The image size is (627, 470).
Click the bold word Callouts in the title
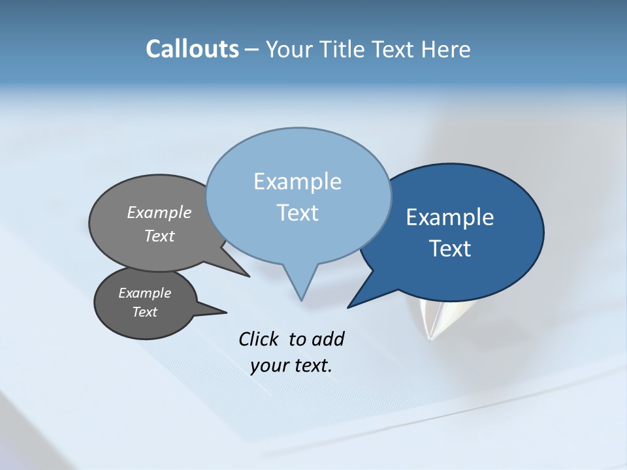(x=193, y=49)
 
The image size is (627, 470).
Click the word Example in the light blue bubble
(x=297, y=181)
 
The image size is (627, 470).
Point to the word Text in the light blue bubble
(x=297, y=213)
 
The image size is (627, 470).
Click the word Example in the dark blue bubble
(x=450, y=217)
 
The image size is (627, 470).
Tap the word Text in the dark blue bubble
(x=450, y=249)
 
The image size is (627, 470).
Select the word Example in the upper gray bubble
(x=159, y=212)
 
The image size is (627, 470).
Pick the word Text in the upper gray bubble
(x=159, y=236)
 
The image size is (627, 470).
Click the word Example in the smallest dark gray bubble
(x=144, y=293)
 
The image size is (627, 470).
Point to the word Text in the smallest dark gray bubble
(x=144, y=312)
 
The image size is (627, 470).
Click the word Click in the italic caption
(x=258, y=339)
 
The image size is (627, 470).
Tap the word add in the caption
(x=328, y=339)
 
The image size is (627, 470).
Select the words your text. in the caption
(x=291, y=366)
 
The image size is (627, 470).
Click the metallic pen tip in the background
(x=432, y=320)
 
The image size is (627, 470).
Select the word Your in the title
(x=290, y=49)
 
